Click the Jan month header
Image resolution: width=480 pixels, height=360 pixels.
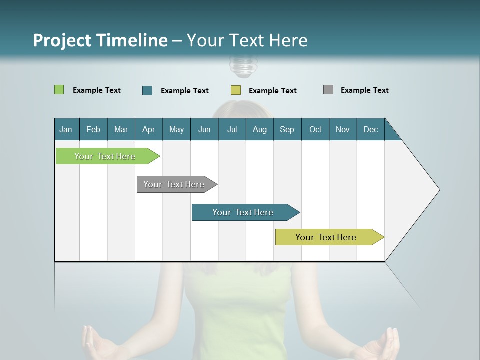tap(66, 129)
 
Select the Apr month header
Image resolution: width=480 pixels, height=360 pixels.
tap(148, 129)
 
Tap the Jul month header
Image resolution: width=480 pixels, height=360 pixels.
tap(232, 129)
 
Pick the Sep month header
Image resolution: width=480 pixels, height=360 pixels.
tap(287, 129)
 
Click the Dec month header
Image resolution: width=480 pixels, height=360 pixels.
tap(370, 129)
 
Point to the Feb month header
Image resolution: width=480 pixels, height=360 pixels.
tap(93, 129)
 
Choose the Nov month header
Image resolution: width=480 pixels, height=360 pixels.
tap(342, 129)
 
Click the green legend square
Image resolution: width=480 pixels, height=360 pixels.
tap(59, 90)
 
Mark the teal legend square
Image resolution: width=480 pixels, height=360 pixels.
tap(147, 90)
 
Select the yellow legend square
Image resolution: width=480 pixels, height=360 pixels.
tap(236, 90)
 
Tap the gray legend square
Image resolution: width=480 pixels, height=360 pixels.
tap(328, 90)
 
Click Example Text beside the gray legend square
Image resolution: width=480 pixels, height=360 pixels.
tap(364, 90)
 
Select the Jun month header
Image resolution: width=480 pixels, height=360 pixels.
tap(204, 129)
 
